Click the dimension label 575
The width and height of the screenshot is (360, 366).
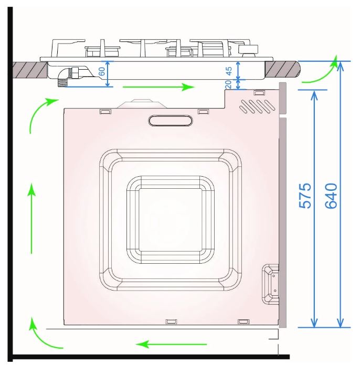[x=305, y=196]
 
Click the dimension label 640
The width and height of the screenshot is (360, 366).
[x=331, y=196]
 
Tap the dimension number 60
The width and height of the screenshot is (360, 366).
[x=102, y=71]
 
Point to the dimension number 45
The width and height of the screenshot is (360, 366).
[x=229, y=71]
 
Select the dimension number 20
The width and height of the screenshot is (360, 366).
[x=228, y=84]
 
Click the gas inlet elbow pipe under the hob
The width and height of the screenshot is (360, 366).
[x=68, y=76]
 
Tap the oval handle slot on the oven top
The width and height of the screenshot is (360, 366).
[x=171, y=121]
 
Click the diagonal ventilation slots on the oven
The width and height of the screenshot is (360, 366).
[x=257, y=106]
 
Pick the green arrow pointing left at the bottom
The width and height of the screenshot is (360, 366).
[x=171, y=344]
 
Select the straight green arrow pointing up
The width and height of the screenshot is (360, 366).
[x=31, y=219]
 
